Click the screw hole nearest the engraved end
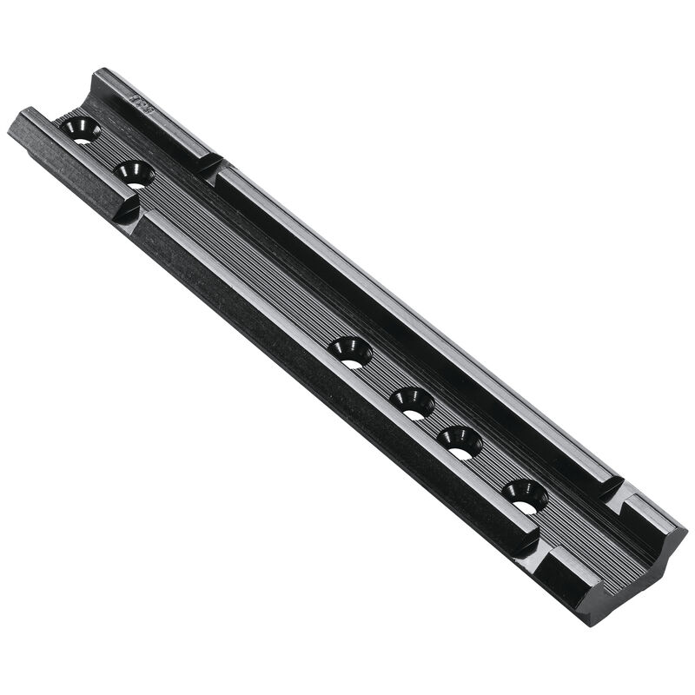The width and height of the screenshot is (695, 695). click(81, 129)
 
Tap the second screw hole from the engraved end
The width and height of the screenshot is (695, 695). click(134, 173)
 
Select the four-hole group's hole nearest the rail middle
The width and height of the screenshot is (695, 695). click(351, 352)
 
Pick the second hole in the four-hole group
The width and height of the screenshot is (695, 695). click(412, 402)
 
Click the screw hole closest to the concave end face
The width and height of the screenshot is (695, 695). click(525, 495)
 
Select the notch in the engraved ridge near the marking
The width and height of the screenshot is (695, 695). click(212, 165)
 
